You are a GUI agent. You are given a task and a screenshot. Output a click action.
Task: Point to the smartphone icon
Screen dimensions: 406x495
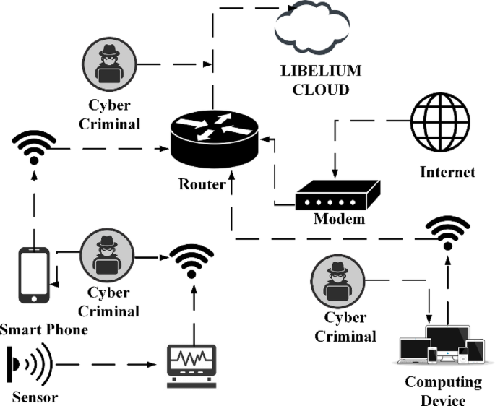pyautogui.click(x=34, y=275)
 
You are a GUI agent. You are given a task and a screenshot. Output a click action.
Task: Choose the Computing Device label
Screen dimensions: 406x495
pyautogui.click(x=443, y=390)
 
